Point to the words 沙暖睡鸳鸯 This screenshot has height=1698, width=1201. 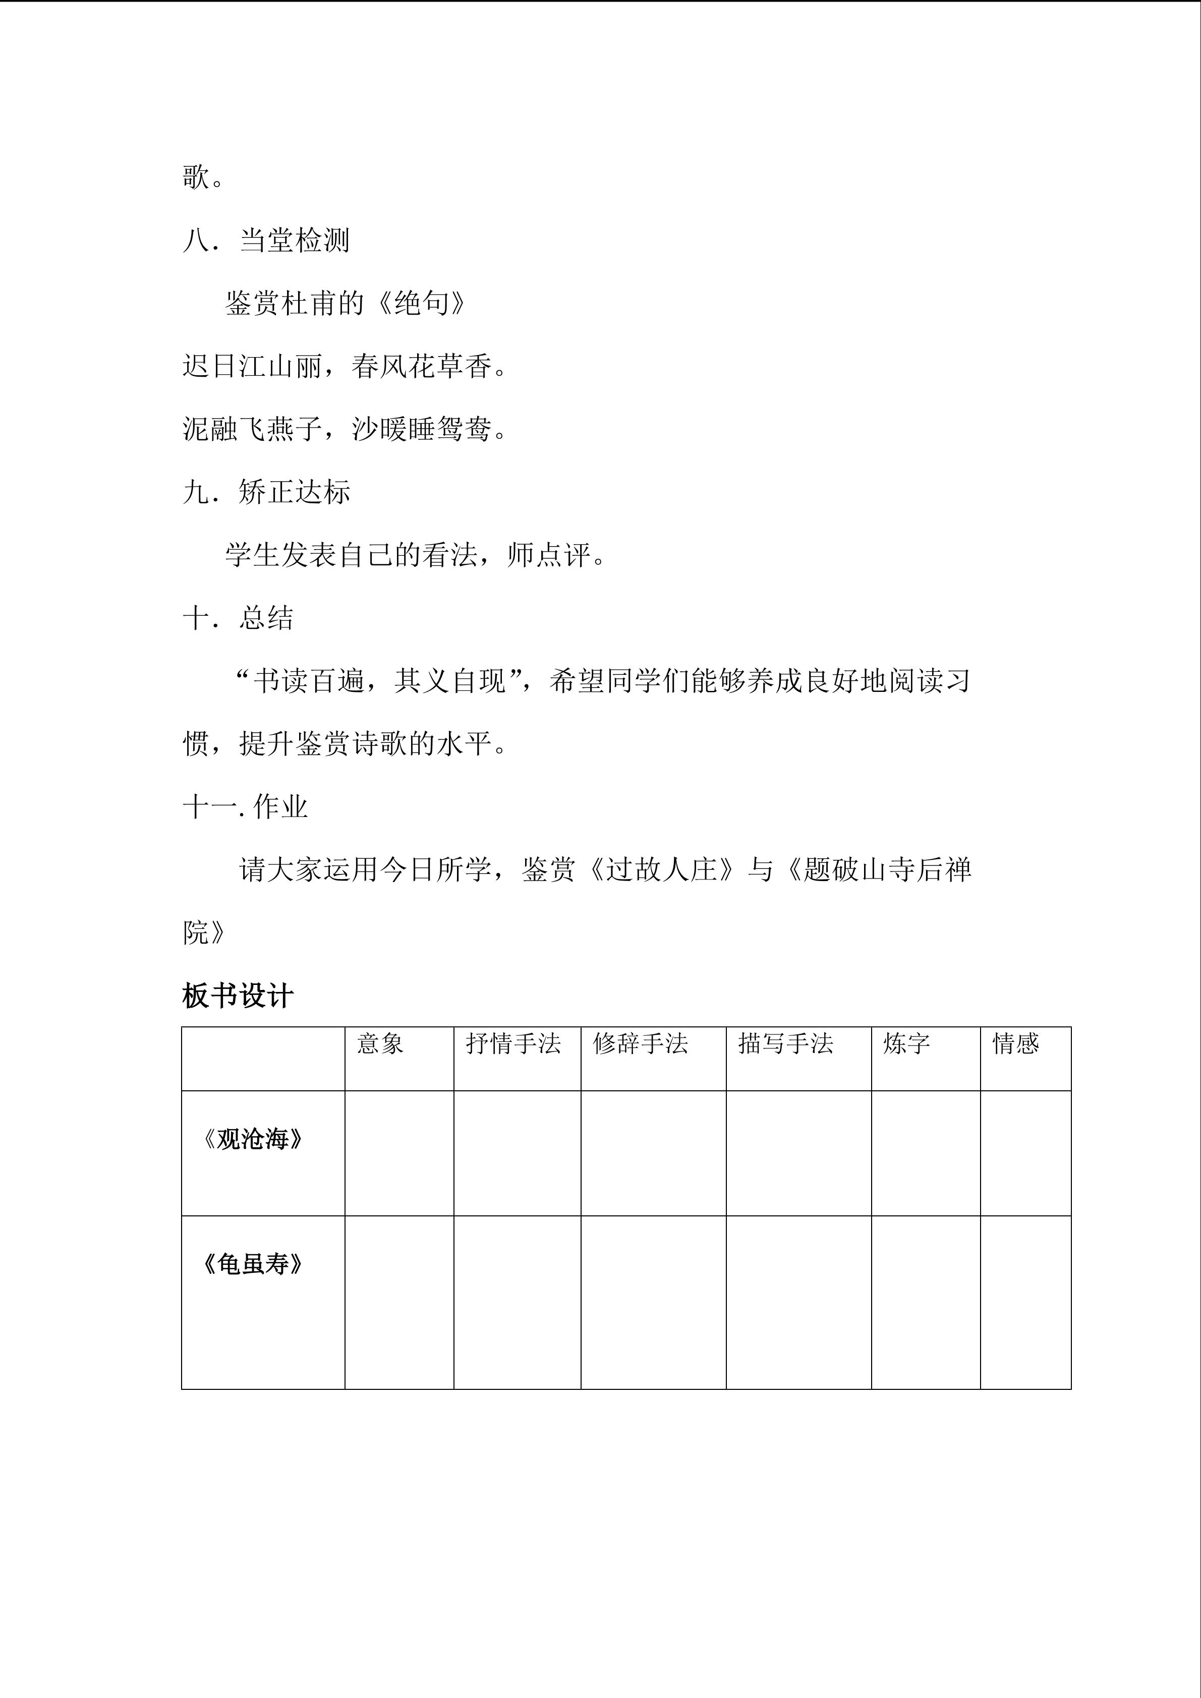click(422, 429)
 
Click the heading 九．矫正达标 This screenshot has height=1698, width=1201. click(266, 492)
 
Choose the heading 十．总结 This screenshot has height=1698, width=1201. click(238, 617)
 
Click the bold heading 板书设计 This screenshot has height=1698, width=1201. click(238, 996)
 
